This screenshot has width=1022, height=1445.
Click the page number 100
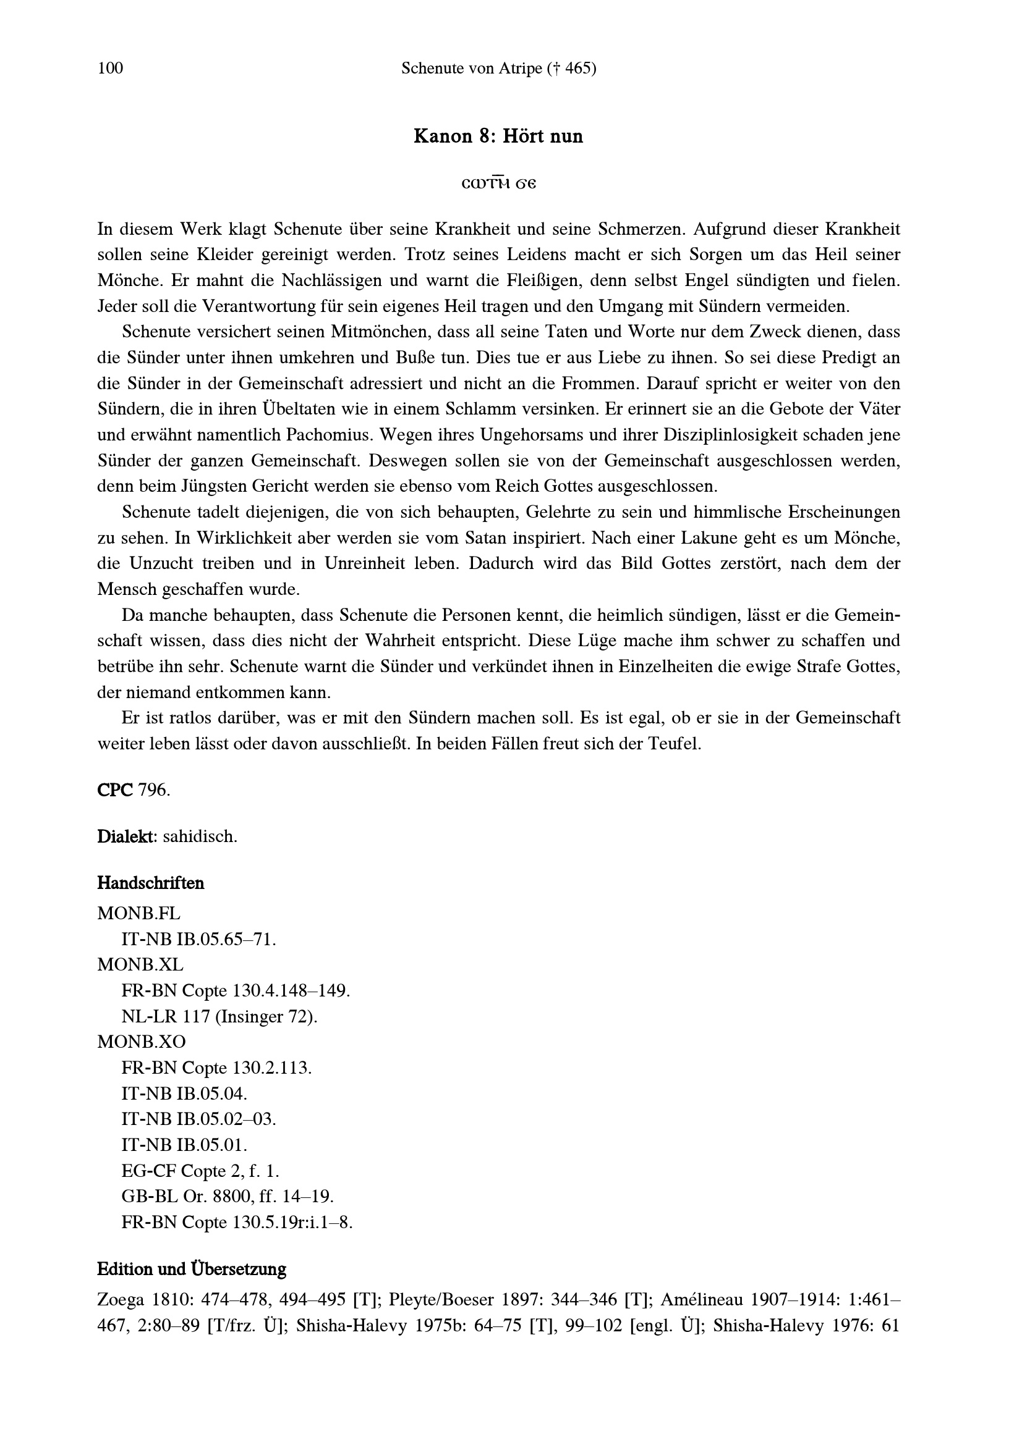tap(110, 68)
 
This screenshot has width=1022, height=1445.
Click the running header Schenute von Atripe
tap(498, 68)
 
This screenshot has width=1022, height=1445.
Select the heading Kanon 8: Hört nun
tap(498, 136)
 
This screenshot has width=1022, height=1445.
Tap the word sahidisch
tap(200, 837)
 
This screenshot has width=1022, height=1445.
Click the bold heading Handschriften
tap(150, 883)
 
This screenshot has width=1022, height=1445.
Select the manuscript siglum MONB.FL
tap(138, 912)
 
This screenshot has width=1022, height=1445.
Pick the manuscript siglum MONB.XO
tap(141, 1042)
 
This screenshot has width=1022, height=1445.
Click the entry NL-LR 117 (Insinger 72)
tap(219, 1016)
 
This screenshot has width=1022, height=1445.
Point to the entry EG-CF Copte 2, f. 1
tap(200, 1171)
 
